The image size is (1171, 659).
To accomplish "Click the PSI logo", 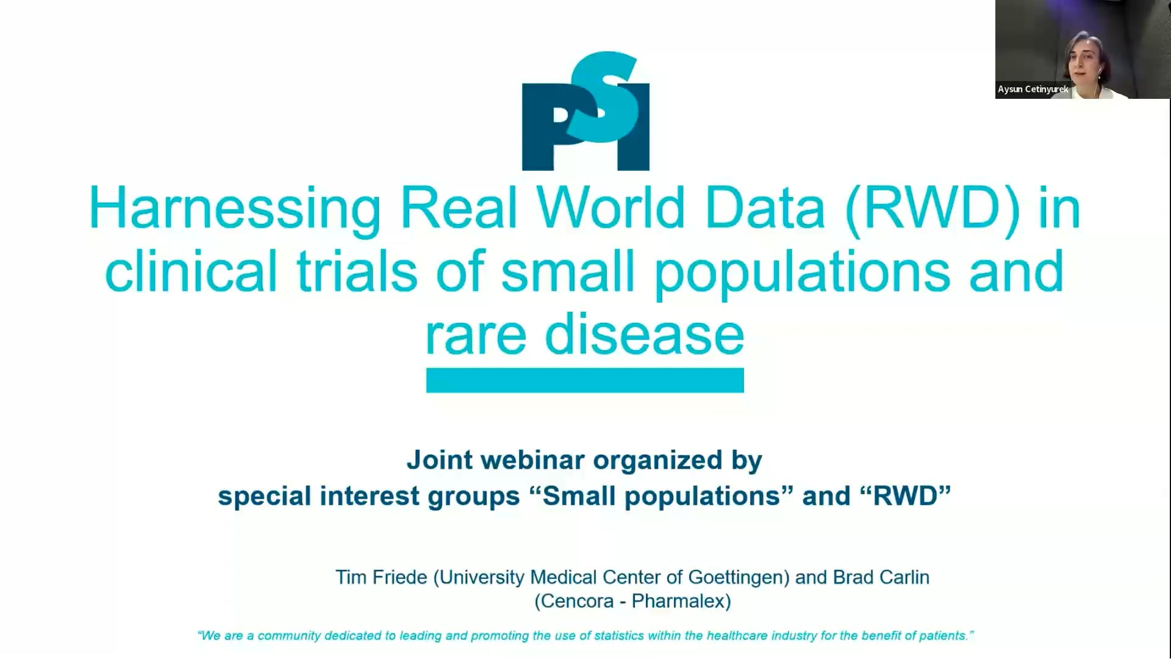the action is (585, 110).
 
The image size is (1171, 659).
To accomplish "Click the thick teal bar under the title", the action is (585, 380).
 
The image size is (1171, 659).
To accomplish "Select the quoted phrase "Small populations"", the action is (661, 496).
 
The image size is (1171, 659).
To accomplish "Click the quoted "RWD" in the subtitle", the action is (906, 495).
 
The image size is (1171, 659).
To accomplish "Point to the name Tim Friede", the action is (381, 577).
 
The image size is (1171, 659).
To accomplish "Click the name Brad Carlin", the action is (881, 577).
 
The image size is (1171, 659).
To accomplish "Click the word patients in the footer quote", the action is (945, 636).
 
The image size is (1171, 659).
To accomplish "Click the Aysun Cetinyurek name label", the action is (1033, 89).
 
